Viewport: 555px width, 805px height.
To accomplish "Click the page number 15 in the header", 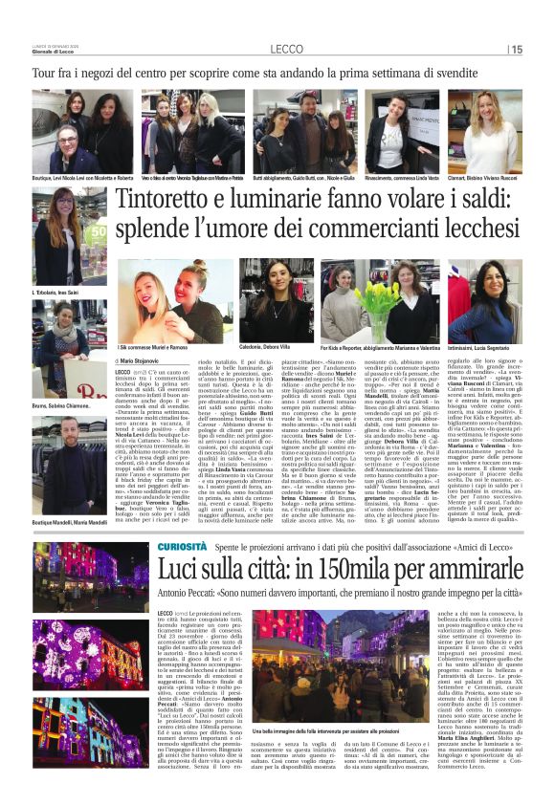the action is coord(517,50).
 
